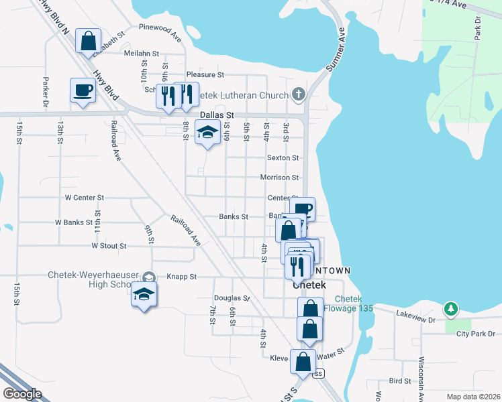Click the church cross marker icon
click(299, 94)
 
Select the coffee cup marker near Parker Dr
click(83, 90)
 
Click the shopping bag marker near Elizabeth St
click(89, 42)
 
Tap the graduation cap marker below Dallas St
click(207, 133)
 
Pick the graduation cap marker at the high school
click(144, 295)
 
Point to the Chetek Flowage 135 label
click(348, 304)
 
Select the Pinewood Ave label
click(160, 27)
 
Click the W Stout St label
click(109, 246)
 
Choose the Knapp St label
click(181, 276)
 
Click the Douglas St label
click(232, 298)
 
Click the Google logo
click(23, 394)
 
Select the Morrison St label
click(279, 178)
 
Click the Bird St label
click(399, 381)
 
